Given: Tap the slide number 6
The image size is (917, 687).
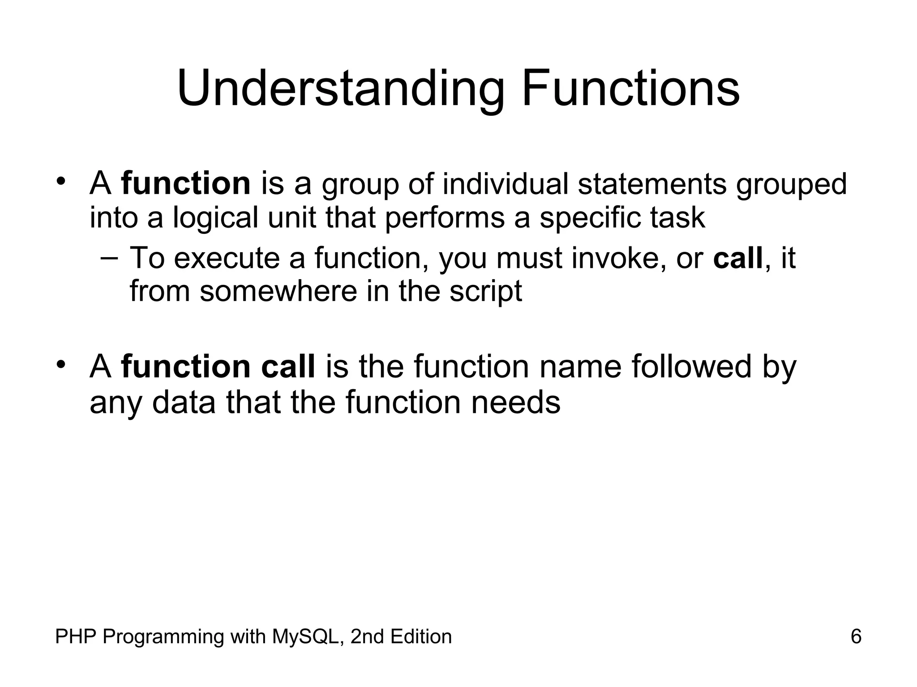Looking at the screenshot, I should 856,636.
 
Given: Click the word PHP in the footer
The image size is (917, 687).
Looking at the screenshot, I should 75,636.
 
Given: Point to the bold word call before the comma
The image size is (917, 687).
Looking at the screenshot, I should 737,258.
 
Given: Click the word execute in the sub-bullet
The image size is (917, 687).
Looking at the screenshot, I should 226,258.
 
